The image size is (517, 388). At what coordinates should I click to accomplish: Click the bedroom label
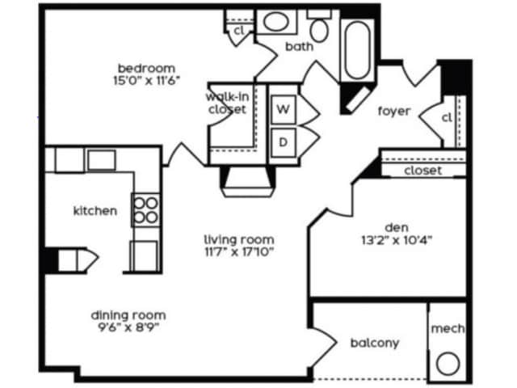[146, 67]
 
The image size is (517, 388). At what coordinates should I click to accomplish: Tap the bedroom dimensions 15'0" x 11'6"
[146, 80]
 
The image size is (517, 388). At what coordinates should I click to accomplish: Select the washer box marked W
[284, 107]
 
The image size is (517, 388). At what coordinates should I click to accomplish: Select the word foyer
[394, 111]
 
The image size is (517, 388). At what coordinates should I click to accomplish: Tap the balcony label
[374, 343]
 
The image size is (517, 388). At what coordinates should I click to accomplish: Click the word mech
[447, 329]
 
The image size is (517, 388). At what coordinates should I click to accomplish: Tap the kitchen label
[95, 211]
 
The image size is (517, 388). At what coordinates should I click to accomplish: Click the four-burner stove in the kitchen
[145, 210]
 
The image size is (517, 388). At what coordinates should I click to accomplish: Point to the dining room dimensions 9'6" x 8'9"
[128, 328]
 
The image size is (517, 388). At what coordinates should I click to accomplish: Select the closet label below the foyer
[422, 171]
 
